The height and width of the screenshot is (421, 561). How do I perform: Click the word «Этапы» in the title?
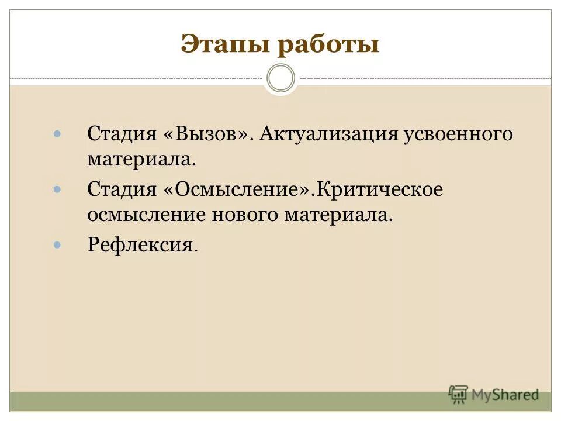pos(217,45)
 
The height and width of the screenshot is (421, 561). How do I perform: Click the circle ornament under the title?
pos(280,78)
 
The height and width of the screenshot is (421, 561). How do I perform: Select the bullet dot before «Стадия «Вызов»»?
pos(57,134)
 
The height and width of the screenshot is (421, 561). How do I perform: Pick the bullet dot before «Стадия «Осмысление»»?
pos(57,189)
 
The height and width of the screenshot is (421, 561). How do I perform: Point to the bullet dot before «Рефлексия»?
pos(57,244)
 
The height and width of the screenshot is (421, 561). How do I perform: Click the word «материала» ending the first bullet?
pos(141,159)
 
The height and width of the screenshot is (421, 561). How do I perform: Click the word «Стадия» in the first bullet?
pos(122,134)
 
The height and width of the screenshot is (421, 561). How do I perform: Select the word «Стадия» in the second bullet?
pos(122,189)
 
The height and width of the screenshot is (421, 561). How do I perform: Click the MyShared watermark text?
pos(505,395)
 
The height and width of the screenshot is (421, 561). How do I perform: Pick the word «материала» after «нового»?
pos(338,215)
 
